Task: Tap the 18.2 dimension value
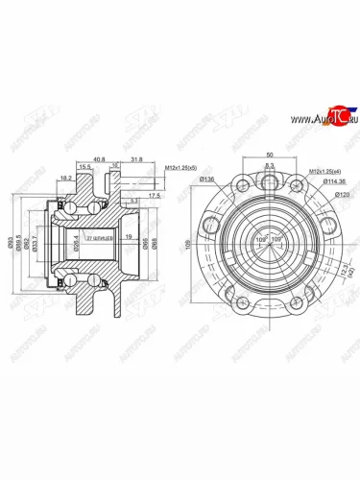point(65,179)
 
